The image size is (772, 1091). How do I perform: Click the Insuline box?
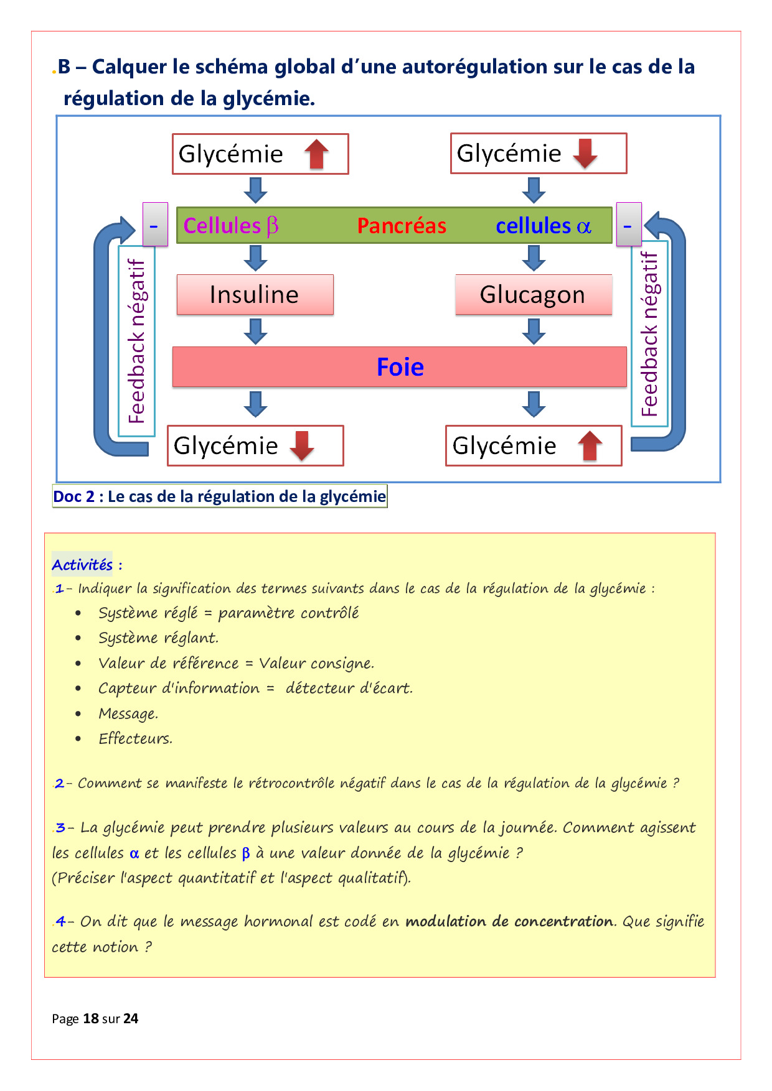point(255,294)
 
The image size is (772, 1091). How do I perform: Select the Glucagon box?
point(533,294)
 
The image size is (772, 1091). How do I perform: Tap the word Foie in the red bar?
point(400,367)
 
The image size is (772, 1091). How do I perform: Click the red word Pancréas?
point(402,225)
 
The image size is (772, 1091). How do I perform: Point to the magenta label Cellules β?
point(231,225)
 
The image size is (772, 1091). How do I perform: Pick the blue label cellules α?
point(544,225)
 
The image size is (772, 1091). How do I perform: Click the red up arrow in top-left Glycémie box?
point(317,154)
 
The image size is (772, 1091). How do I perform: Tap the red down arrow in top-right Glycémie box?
point(585,153)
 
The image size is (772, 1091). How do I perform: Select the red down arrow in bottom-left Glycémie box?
point(303,445)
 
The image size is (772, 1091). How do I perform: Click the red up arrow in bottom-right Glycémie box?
point(590,445)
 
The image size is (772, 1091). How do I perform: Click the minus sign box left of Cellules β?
point(155,225)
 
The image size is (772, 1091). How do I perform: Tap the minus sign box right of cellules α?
point(628,224)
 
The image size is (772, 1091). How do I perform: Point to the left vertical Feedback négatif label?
point(137,341)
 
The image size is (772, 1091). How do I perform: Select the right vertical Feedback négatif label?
point(649,334)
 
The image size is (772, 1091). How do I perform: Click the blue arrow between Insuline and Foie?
point(255,331)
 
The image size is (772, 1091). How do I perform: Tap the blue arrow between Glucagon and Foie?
point(534,331)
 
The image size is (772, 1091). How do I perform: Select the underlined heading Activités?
point(82,565)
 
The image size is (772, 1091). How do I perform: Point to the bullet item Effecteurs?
point(135,738)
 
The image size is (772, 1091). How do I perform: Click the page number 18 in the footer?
point(91,1018)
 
